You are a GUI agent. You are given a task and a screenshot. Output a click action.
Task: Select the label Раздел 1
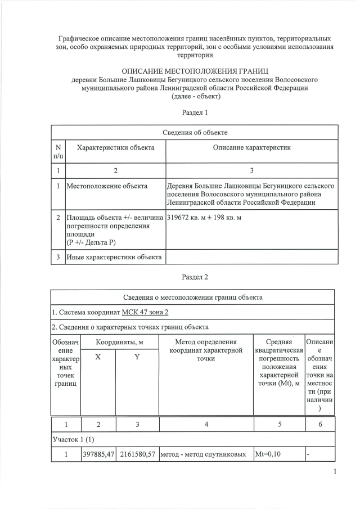195,112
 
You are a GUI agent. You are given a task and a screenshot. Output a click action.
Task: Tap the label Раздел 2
195,277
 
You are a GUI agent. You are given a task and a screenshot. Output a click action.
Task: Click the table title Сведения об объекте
195,132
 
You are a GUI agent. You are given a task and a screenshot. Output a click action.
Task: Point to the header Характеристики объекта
115,147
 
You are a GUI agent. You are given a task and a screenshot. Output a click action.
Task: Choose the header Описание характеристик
251,147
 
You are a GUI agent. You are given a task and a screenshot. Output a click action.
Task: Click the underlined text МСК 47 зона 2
145,312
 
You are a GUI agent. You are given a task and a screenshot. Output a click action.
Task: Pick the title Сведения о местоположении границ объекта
192,297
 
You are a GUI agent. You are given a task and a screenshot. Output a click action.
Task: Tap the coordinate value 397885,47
98,453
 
